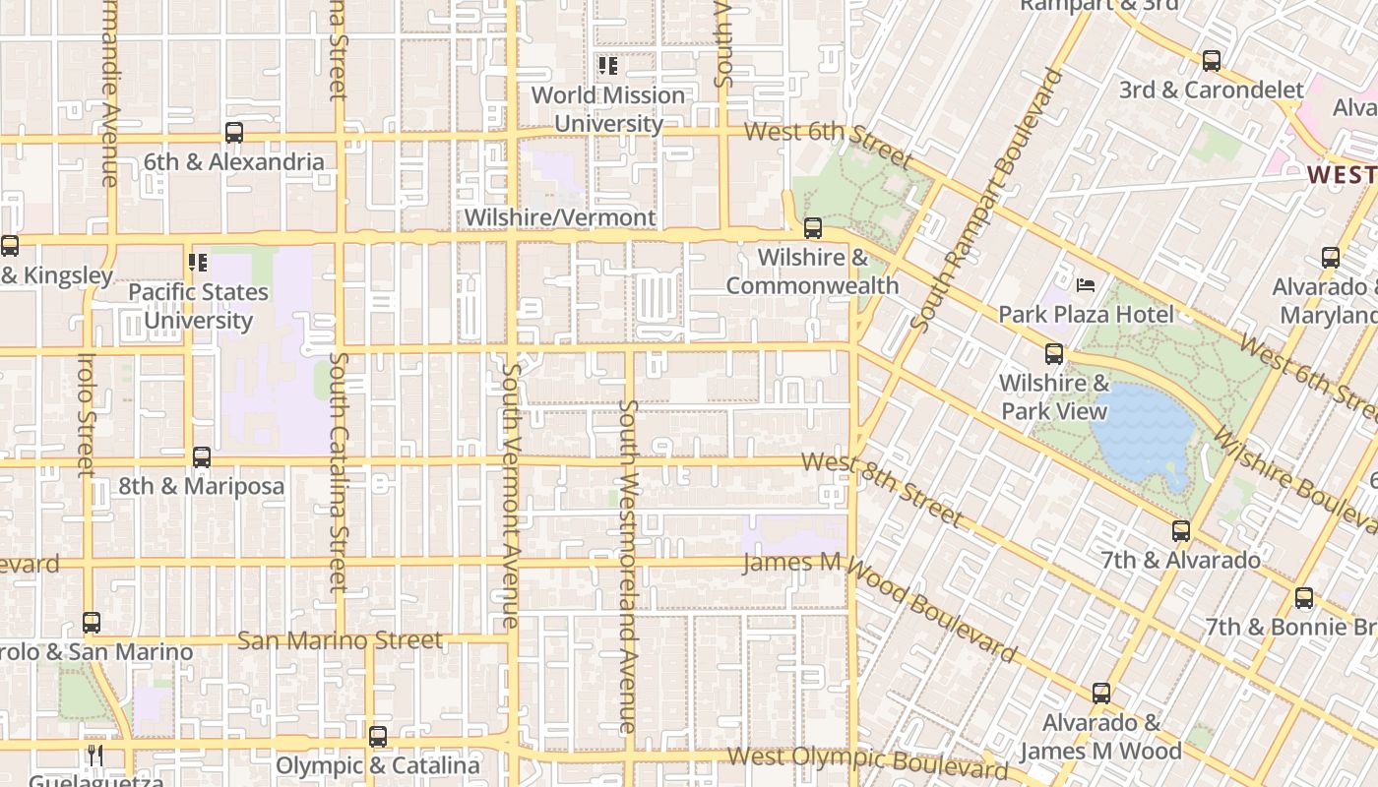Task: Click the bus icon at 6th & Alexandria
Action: coord(234,133)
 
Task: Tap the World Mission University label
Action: coord(607,109)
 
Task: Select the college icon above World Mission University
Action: coord(608,66)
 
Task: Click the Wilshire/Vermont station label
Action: coord(559,217)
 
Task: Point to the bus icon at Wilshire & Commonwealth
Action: coord(813,228)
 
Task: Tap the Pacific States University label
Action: coord(198,306)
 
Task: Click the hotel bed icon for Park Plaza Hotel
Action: coord(1086,285)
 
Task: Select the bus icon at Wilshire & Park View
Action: coord(1054,354)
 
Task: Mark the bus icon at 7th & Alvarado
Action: coord(1181,531)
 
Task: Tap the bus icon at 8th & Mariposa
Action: coord(202,457)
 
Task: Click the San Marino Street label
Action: coord(341,640)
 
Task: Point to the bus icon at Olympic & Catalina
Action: coord(378,737)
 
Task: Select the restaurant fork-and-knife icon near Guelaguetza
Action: coord(94,755)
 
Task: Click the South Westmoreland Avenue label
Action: coord(630,566)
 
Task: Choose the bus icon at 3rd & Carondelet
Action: coord(1212,61)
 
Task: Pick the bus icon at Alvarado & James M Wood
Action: coord(1101,694)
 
